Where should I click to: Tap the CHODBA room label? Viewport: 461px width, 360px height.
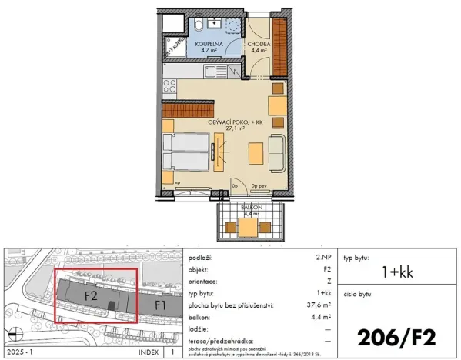click(x=257, y=45)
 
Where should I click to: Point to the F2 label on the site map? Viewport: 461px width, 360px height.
click(x=90, y=294)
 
